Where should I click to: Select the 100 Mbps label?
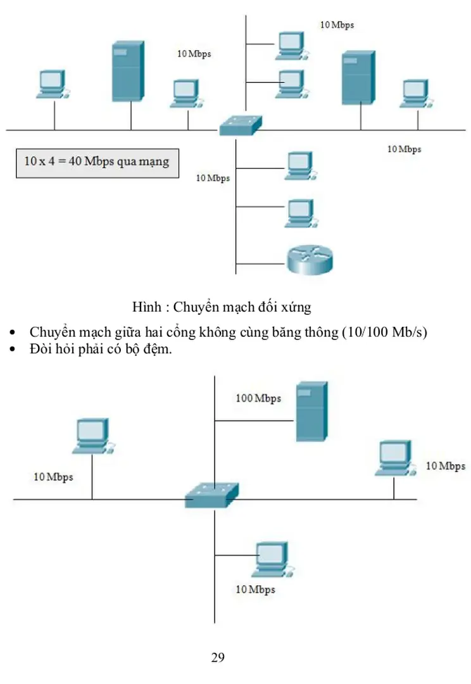pos(258,398)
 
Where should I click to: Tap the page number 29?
pos(217,657)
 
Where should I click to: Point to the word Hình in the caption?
pos(146,308)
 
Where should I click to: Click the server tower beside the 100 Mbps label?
pos(311,411)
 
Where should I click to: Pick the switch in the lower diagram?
pos(212,494)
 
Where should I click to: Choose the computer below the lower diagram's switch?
pos(270,559)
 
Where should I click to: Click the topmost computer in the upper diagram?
pos(290,45)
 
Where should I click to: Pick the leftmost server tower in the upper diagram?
pos(127,71)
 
